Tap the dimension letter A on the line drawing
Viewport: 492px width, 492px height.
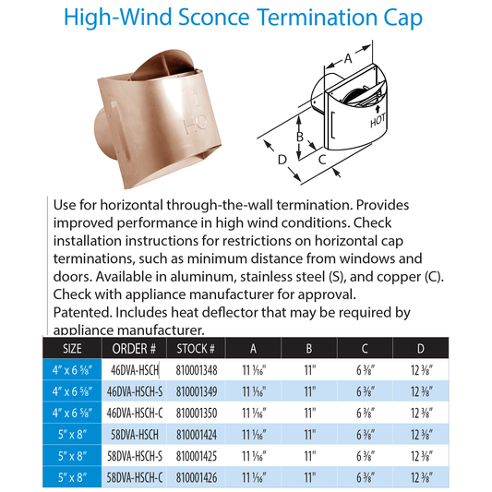click(348, 58)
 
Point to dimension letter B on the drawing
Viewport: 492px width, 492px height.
click(299, 138)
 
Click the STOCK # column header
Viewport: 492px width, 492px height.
click(194, 349)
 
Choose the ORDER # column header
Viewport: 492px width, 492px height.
click(134, 349)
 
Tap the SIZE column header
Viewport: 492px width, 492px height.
click(72, 349)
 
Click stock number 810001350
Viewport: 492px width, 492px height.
click(194, 411)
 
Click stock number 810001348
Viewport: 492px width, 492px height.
click(194, 370)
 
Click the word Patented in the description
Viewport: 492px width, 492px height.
click(75, 313)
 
